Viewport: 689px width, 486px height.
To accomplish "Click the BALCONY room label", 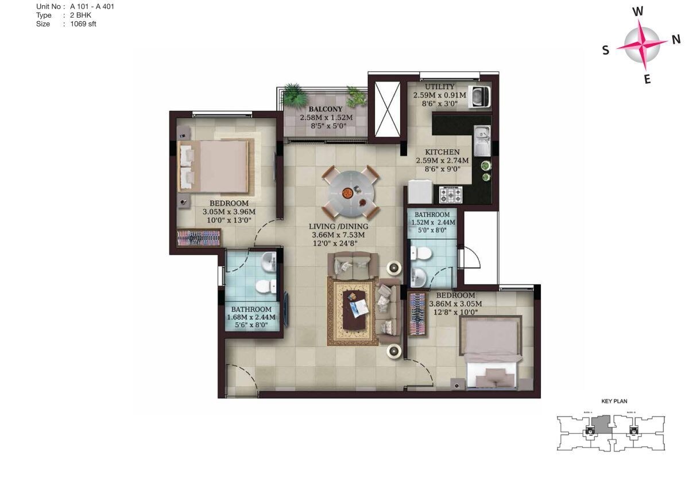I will [x=326, y=109].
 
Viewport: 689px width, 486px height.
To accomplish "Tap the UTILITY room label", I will [x=440, y=87].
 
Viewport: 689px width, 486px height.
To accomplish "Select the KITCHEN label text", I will [x=442, y=152].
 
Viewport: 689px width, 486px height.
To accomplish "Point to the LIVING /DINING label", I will [x=338, y=227].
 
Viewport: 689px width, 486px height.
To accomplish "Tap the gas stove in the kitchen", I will [x=451, y=195].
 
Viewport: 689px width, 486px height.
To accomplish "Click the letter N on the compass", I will [x=676, y=39].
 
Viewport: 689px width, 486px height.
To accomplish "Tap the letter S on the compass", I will [x=606, y=50].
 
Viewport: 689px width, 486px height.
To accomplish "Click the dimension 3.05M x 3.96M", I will [x=229, y=212].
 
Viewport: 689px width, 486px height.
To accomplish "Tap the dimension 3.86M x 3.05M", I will [x=455, y=304].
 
